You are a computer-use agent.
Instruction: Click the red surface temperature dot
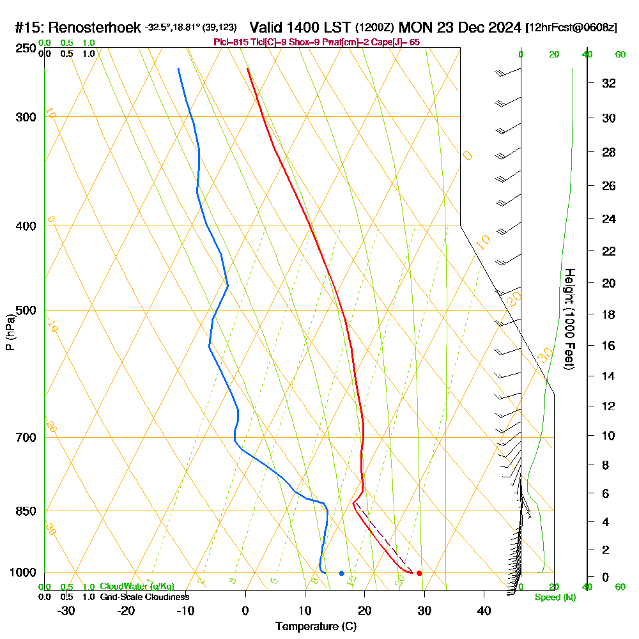pos(419,573)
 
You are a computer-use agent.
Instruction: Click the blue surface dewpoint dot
pos(342,573)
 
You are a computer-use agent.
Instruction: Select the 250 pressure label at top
pos(26,48)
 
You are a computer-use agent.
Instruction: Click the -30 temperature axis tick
pos(66,611)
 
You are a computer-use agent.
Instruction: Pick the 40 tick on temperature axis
pos(484,611)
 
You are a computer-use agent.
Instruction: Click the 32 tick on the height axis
pos(609,83)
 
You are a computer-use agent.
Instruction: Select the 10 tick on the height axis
pos(609,436)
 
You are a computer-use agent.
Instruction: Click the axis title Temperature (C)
pos(316,627)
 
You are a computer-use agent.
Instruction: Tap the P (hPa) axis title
pos(10,332)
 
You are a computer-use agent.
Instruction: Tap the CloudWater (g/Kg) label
pos(137,587)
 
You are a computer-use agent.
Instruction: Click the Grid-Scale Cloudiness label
pos(144,597)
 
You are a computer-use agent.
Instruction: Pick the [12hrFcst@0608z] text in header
pos(571,28)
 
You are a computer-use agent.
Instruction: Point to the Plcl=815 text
pos(228,42)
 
